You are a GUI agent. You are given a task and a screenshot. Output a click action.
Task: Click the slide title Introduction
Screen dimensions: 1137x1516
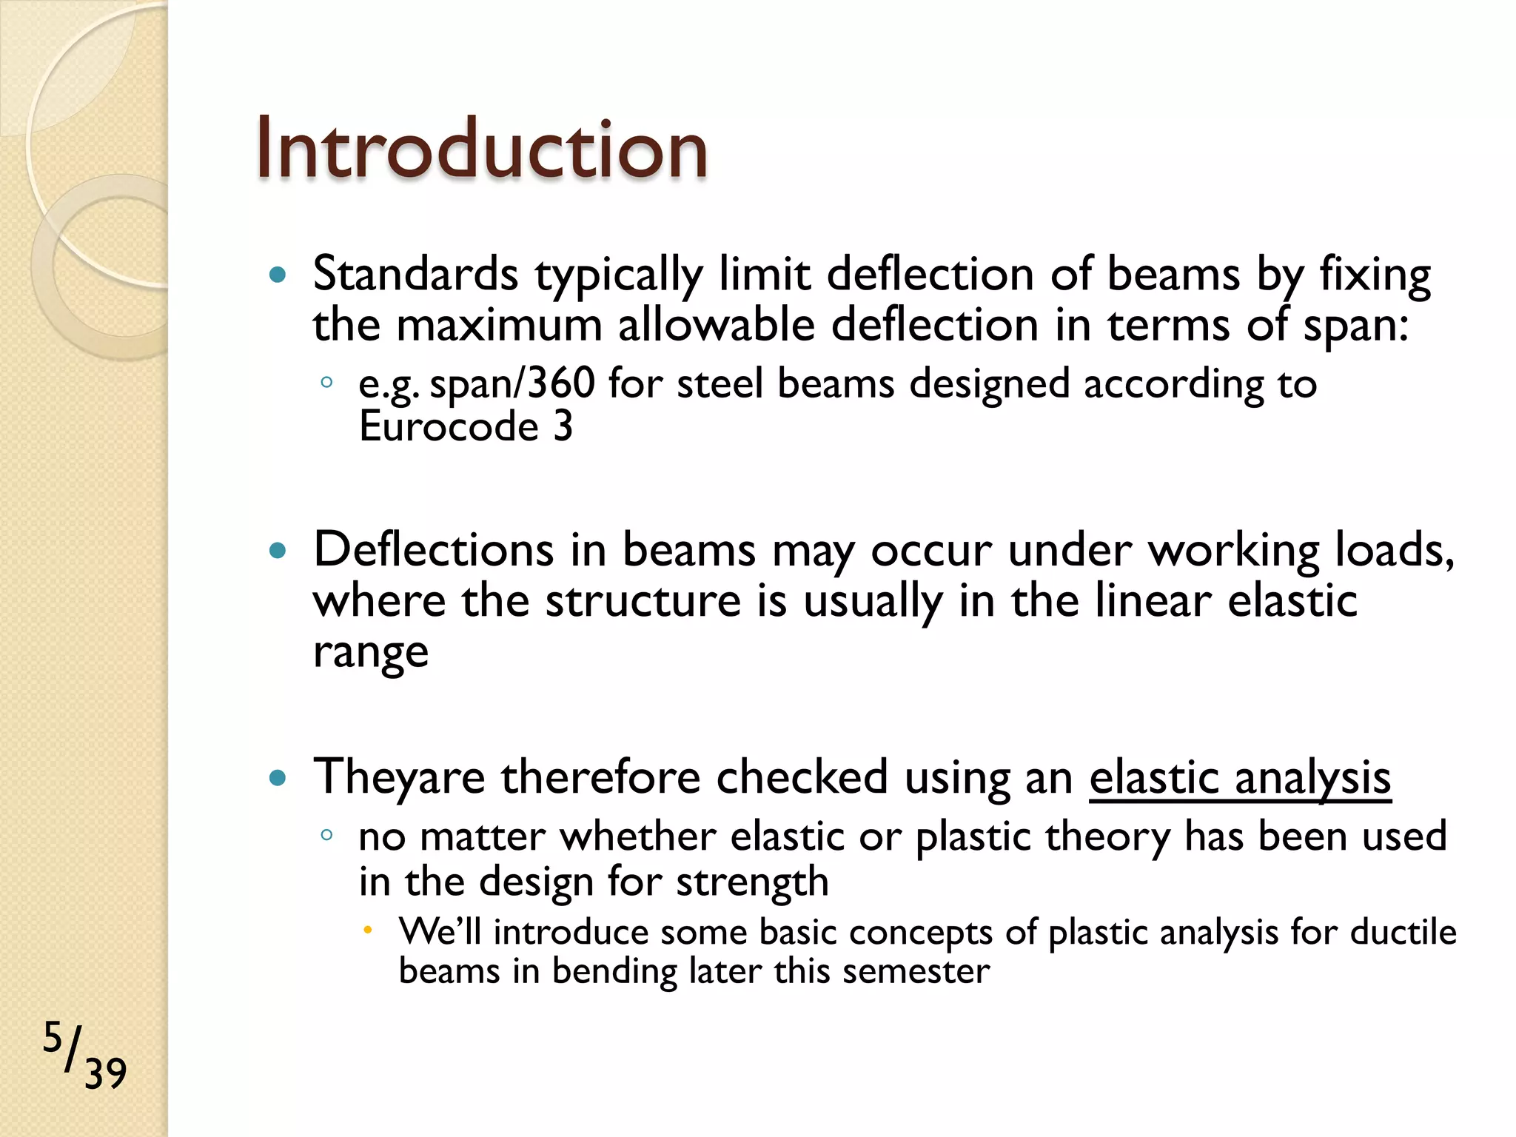[481, 150]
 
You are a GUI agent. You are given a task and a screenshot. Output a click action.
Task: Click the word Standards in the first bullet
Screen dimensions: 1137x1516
[415, 275]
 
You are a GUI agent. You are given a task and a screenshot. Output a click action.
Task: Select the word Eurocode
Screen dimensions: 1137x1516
[449, 427]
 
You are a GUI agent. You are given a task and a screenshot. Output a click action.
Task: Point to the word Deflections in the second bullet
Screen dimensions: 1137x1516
[433, 550]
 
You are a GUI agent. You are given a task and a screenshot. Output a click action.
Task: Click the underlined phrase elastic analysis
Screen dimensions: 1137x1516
[1240, 778]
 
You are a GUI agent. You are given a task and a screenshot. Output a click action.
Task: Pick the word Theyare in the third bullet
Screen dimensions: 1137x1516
[399, 778]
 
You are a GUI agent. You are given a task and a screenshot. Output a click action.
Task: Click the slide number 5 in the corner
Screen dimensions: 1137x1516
[53, 1037]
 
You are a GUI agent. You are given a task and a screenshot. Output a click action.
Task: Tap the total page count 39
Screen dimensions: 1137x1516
[105, 1074]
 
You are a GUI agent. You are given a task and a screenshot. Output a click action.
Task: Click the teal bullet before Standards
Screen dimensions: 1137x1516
[278, 276]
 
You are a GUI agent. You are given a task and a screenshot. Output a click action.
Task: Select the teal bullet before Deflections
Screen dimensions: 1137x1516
[278, 551]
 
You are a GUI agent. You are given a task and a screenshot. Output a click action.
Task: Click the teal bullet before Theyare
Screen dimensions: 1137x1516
[278, 778]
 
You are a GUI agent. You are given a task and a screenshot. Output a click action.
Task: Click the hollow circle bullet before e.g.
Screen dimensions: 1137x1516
[326, 383]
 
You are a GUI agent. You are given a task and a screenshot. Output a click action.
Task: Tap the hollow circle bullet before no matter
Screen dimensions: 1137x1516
[326, 835]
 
